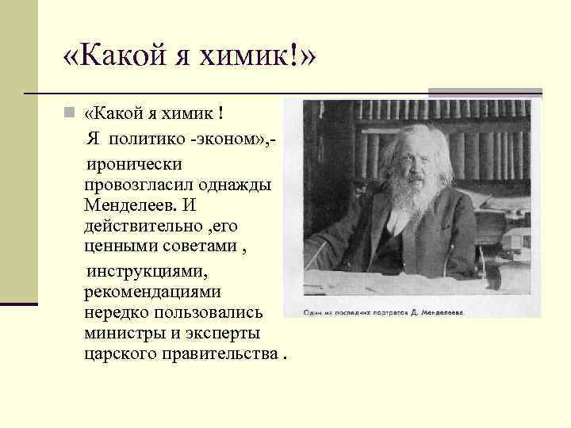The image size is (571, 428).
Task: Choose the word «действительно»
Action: coord(140,226)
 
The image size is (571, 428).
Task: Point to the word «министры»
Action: coord(121,331)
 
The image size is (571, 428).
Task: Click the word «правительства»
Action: coord(219,352)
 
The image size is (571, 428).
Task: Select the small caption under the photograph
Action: coord(384,312)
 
